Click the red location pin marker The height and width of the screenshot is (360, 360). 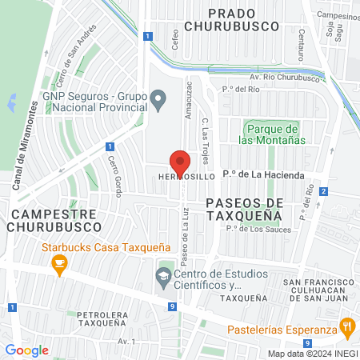[x=180, y=163]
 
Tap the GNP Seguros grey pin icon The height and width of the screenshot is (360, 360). [x=158, y=101]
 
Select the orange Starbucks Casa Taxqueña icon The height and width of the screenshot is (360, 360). [x=58, y=266]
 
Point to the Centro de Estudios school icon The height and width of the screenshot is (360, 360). [x=163, y=277]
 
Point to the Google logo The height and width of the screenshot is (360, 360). [x=26, y=350]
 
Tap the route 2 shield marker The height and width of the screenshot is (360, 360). [x=323, y=190]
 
